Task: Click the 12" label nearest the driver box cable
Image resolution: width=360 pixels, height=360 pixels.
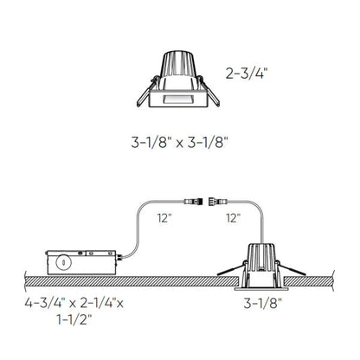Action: pyautogui.click(x=165, y=220)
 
